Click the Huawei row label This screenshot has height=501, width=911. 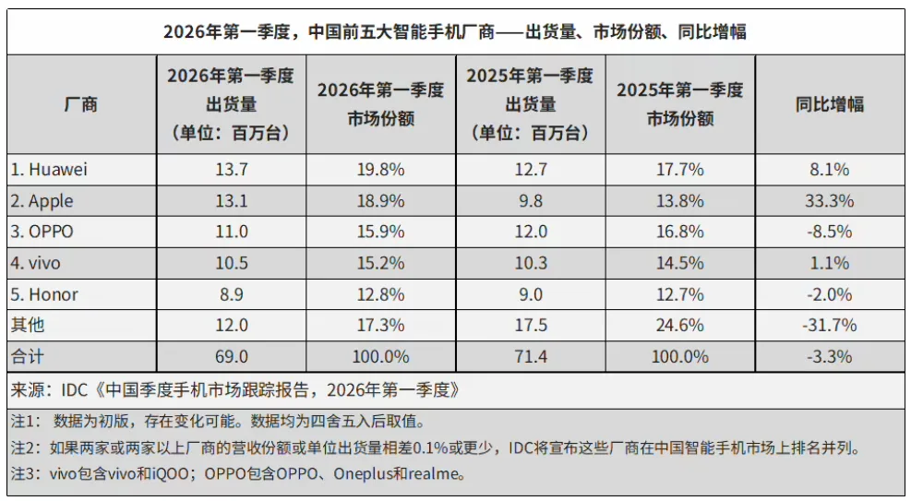[x=50, y=170]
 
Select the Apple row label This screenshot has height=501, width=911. [x=42, y=201]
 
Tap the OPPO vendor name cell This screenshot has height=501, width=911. [x=42, y=232]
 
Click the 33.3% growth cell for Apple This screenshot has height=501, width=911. [x=830, y=201]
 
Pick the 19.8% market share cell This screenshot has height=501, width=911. [x=380, y=170]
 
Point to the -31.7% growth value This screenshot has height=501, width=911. [x=830, y=325]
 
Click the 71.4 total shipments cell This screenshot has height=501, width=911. [x=530, y=356]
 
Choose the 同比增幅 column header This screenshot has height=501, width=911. [x=830, y=104]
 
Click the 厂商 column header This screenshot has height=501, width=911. [x=81, y=104]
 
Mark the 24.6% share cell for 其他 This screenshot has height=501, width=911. [x=679, y=325]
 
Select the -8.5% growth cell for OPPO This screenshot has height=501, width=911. [x=830, y=232]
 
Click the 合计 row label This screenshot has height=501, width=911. [x=28, y=356]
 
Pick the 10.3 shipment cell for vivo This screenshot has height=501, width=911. [x=530, y=263]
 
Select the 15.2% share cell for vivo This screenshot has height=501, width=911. [x=380, y=263]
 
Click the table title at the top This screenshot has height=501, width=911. [x=455, y=32]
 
